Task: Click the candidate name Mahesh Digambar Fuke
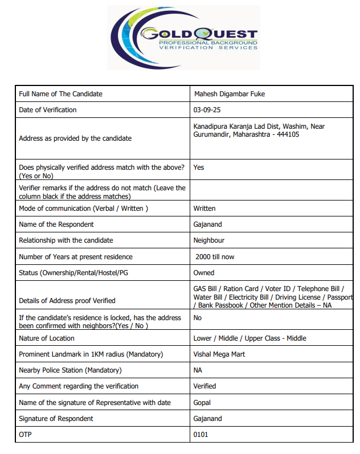(229, 94)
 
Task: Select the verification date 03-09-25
(206, 110)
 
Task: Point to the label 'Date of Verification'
(48, 110)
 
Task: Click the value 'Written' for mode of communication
(204, 208)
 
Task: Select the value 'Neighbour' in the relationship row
(209, 240)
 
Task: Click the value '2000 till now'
(215, 257)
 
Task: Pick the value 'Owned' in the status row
(204, 273)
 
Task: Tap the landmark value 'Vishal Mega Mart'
(220, 354)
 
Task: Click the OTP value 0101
(201, 435)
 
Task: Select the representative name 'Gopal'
(202, 403)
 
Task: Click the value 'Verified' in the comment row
(205, 386)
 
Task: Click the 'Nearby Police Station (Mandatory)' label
(70, 370)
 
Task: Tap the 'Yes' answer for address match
(199, 167)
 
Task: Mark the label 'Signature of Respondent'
(56, 419)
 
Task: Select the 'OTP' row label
(26, 435)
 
